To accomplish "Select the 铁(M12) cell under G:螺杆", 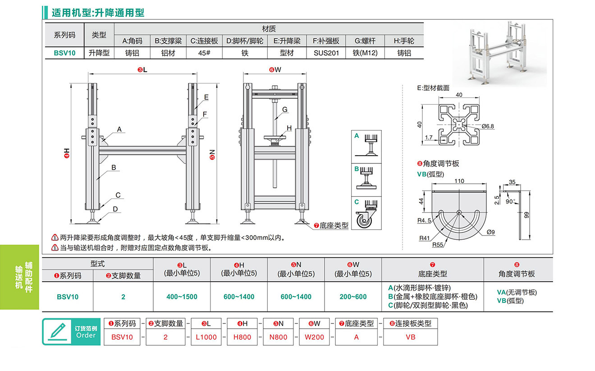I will [365, 53].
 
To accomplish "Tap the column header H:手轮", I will [403, 41].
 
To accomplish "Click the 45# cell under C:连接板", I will [204, 53].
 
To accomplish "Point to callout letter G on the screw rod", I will [285, 109].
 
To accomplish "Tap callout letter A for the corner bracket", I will [119, 130].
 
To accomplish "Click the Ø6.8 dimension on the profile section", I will [488, 126].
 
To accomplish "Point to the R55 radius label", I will [437, 245].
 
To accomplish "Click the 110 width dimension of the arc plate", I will [459, 181].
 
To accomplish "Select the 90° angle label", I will [510, 201].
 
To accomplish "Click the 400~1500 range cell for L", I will [182, 297].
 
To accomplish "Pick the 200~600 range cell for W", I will [353, 297].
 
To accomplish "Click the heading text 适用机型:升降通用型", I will [98, 13].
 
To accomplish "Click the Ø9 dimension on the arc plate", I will [491, 232].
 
